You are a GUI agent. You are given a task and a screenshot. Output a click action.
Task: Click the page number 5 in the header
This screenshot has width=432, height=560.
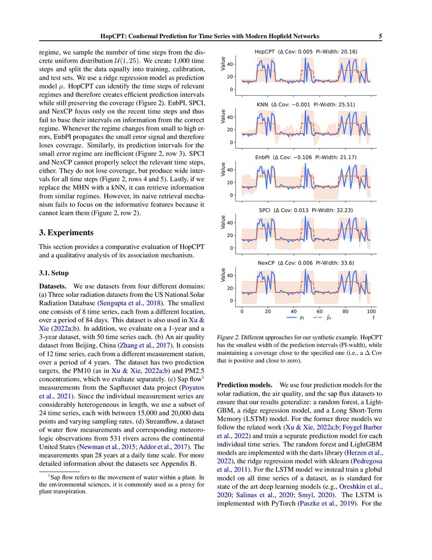click(380, 36)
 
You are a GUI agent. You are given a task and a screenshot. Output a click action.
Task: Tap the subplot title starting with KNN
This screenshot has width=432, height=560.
click(305, 104)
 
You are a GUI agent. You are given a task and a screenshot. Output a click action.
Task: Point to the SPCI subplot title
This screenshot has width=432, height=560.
click(305, 210)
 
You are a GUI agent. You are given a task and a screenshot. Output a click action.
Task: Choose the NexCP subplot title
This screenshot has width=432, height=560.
click(305, 263)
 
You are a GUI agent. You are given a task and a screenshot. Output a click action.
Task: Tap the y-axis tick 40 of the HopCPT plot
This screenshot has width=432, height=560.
click(230, 64)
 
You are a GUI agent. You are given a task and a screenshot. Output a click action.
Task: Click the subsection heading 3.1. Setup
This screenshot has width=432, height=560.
click(54, 273)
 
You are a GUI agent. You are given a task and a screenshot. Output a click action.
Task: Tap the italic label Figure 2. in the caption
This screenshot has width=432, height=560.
click(230, 338)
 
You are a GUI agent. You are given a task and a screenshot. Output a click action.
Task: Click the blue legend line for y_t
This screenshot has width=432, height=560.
click(291, 317)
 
